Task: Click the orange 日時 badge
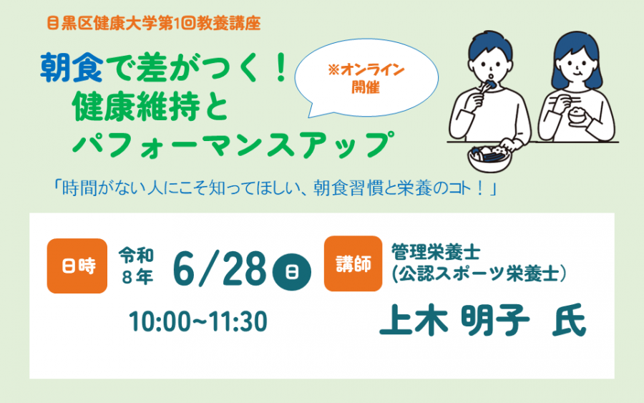77,266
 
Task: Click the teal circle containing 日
291,271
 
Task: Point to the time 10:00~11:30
198,321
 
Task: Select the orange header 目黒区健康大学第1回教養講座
153,23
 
